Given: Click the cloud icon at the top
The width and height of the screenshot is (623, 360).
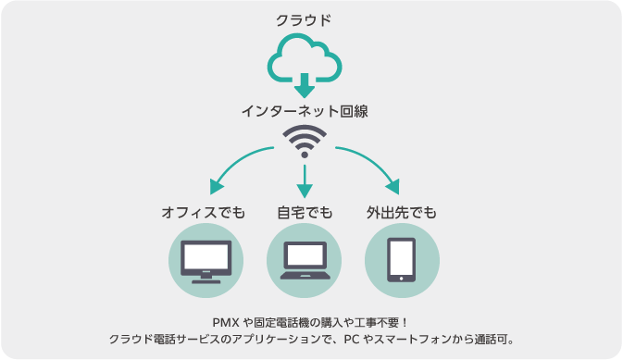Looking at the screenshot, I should (304, 58).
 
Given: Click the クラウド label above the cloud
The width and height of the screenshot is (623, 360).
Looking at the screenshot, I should (304, 19).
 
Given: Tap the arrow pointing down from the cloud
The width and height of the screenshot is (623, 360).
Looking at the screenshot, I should (304, 87).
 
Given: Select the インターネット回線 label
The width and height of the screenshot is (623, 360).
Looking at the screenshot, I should (305, 111).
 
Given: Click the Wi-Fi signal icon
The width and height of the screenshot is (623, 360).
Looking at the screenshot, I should (305, 143).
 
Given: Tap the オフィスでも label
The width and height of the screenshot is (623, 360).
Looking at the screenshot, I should (205, 213).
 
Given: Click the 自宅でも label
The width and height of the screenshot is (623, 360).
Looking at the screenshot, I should (304, 213).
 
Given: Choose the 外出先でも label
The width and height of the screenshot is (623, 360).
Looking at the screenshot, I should (401, 213).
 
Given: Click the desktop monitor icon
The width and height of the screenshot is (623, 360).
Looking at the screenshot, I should (206, 260).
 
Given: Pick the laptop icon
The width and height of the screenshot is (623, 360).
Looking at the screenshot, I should (305, 261).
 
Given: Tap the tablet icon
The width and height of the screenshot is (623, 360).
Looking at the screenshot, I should (401, 260).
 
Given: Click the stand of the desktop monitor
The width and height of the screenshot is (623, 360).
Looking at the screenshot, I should (206, 275).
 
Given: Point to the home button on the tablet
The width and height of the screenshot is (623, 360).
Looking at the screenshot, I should (401, 276).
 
